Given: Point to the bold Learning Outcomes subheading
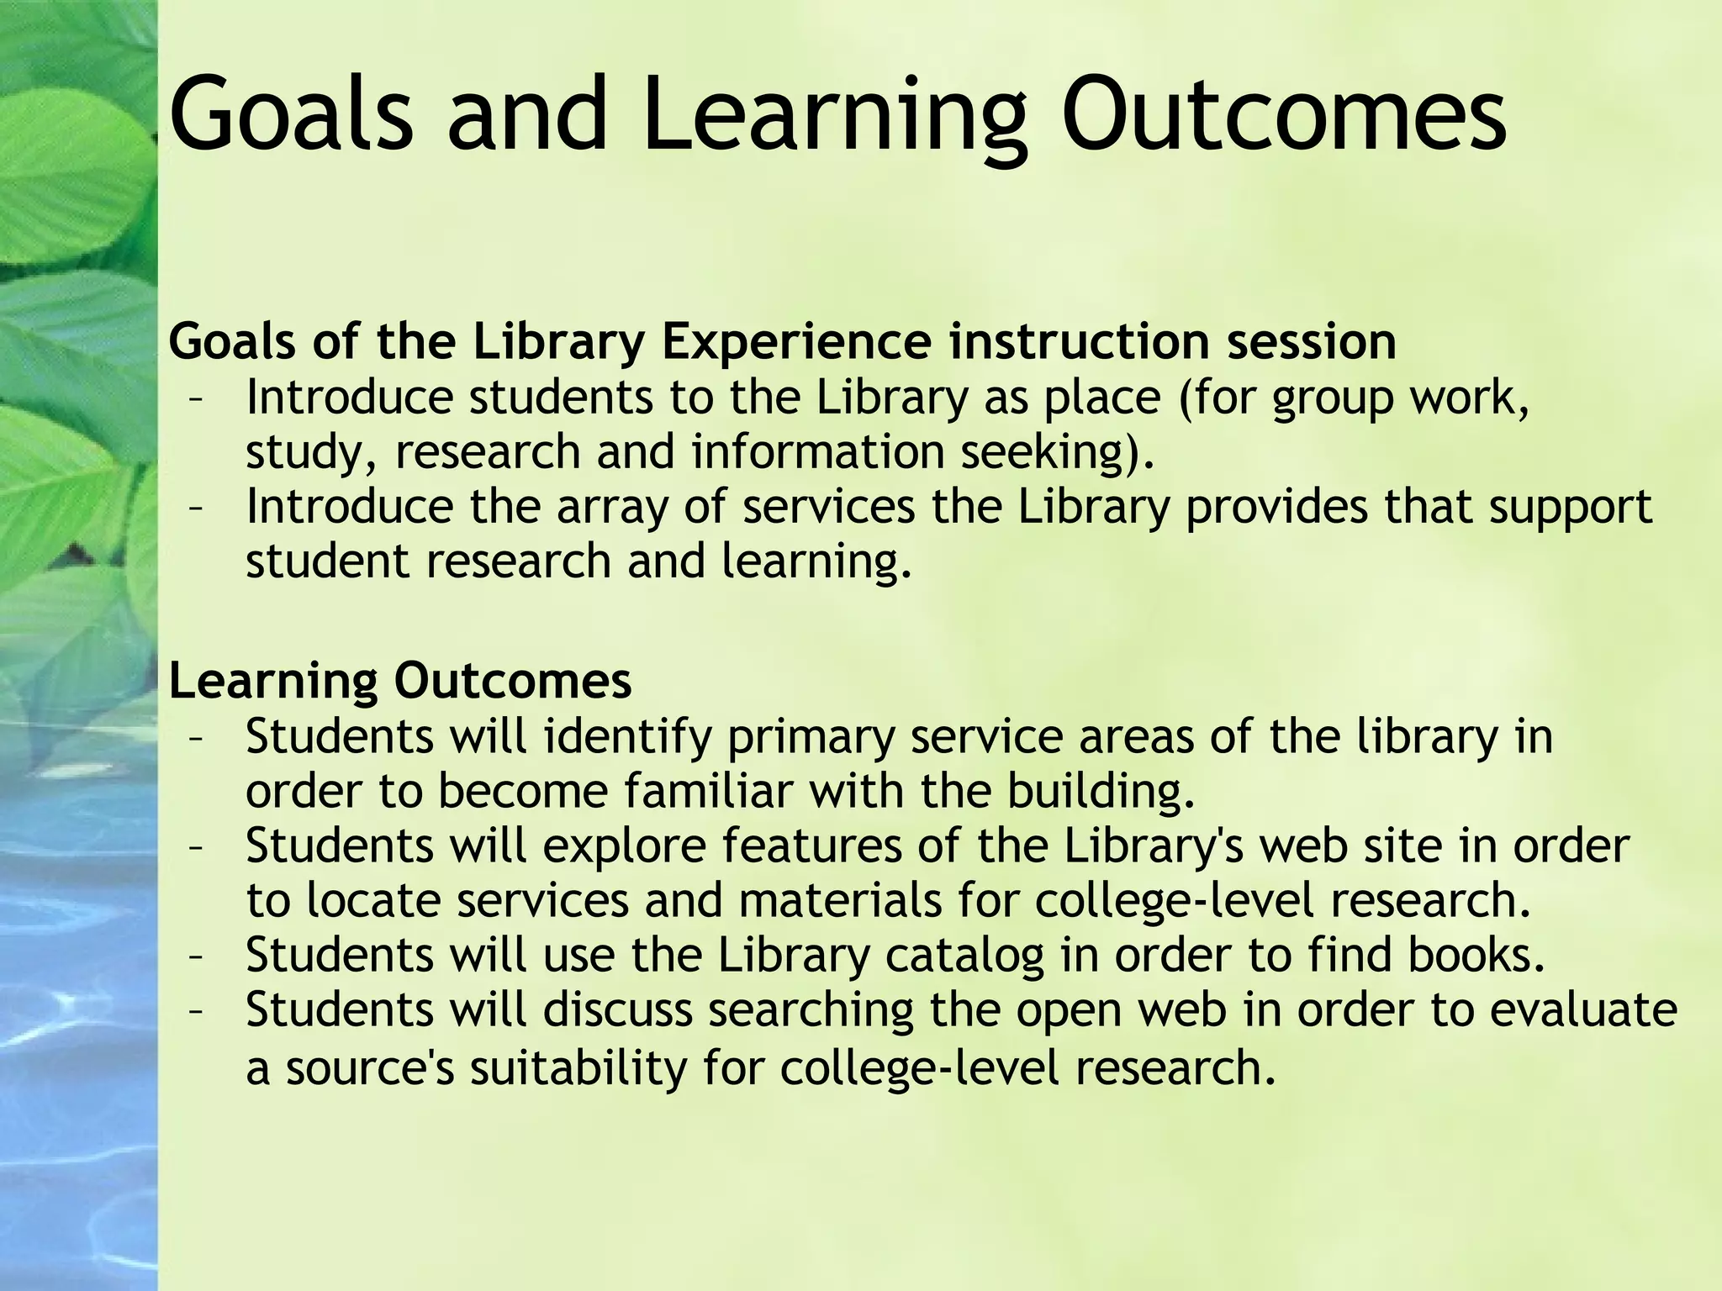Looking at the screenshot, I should click(399, 681).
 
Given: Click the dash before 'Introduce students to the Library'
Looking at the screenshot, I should click(197, 400).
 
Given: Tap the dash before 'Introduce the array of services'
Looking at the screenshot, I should click(197, 509).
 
